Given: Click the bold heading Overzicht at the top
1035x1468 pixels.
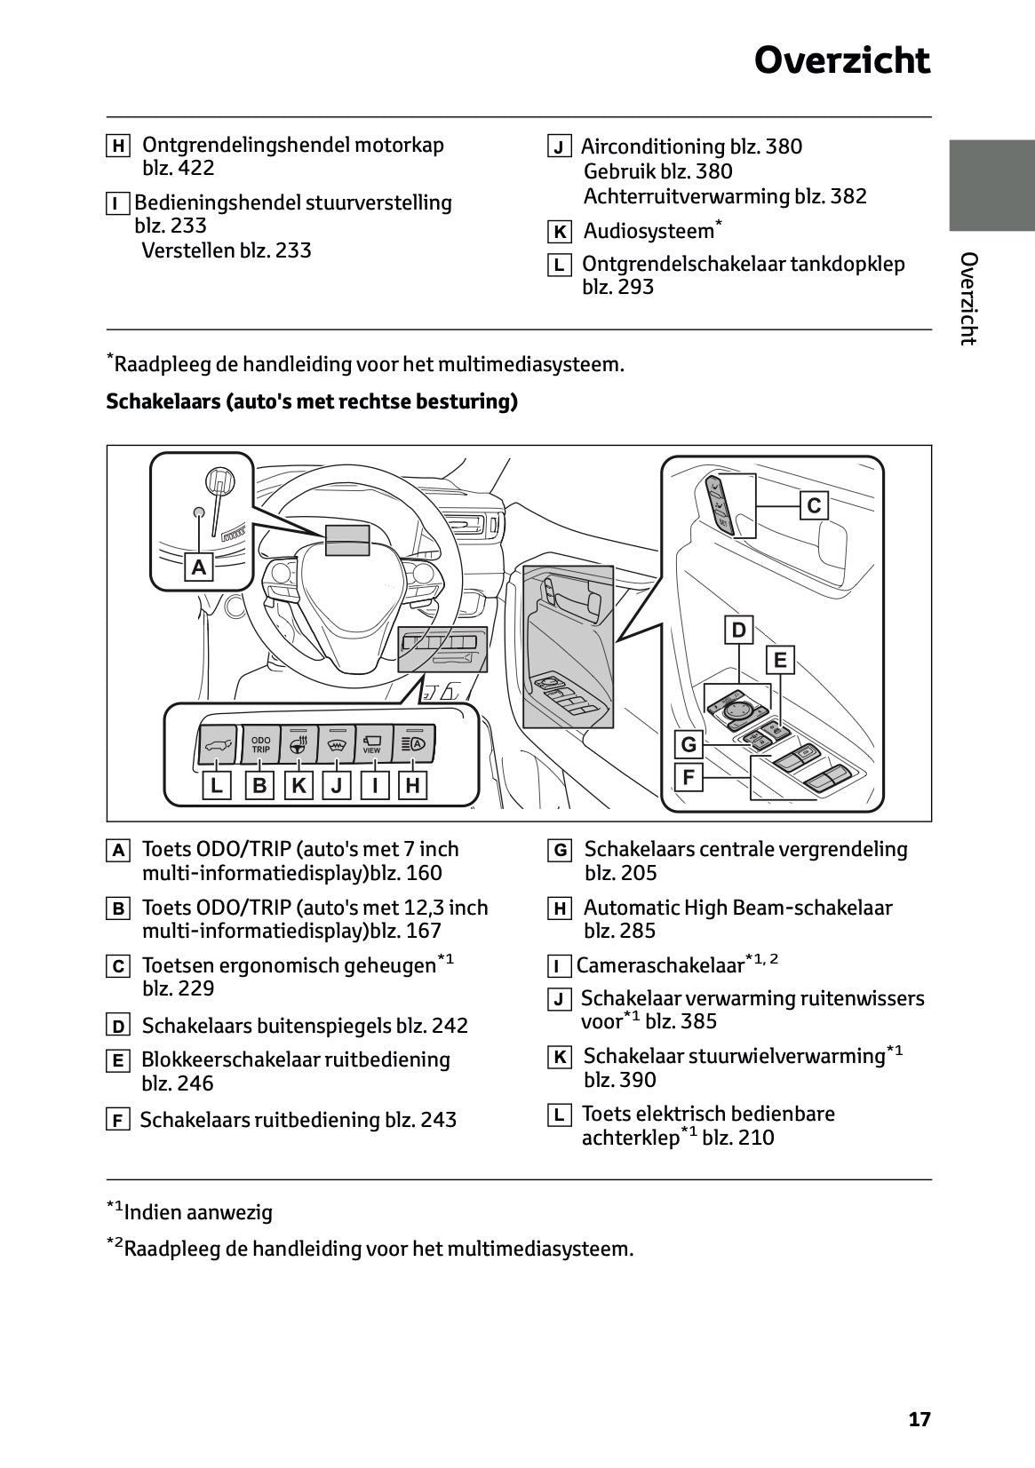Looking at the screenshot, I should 841,61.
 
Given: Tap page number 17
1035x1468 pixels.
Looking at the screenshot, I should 920,1419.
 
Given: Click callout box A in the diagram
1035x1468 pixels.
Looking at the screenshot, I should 199,567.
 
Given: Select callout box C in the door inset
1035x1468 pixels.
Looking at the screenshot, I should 814,506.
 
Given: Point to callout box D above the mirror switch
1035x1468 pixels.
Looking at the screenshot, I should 738,631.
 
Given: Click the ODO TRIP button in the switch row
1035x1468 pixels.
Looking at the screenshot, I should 260,744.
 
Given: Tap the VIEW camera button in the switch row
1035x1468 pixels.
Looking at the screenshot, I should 372,744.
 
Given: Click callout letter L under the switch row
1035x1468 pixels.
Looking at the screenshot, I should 216,785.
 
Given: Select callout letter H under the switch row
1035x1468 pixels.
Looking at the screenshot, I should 412,785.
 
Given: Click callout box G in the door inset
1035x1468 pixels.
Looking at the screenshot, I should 689,743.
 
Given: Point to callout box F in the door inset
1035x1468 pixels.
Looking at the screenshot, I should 689,778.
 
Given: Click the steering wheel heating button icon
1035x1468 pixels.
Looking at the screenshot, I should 299,744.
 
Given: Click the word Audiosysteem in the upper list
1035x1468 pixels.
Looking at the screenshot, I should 649,232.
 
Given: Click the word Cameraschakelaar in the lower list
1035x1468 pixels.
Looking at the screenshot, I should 659,965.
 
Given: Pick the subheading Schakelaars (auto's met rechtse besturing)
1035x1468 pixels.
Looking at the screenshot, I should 312,401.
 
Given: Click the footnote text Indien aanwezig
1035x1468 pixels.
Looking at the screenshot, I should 198,1212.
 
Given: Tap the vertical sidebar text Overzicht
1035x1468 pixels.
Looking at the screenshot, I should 968,298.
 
